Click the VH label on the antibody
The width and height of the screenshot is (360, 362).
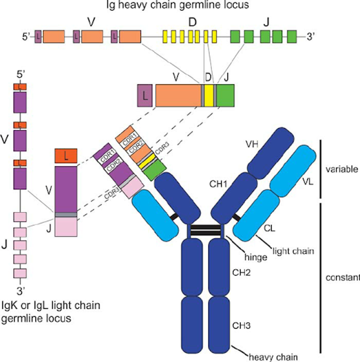click(x=252, y=144)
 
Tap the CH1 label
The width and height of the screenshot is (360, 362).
click(x=218, y=184)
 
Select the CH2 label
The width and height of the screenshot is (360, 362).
click(x=241, y=273)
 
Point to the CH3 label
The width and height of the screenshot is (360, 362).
click(x=241, y=326)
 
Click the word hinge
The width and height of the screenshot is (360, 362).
click(x=256, y=257)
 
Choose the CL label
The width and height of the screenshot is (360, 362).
click(x=270, y=228)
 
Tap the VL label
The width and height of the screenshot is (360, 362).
click(x=308, y=182)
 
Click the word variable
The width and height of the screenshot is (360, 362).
click(x=342, y=169)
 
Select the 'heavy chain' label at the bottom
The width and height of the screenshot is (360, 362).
click(x=273, y=357)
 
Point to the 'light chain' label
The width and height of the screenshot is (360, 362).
click(x=293, y=251)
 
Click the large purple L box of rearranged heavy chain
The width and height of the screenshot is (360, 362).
click(x=145, y=95)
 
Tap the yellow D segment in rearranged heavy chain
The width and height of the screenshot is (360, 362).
click(x=209, y=95)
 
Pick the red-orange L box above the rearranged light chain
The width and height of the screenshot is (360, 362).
click(x=66, y=156)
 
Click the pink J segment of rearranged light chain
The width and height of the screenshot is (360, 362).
click(x=66, y=227)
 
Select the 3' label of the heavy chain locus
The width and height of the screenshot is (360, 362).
click(x=310, y=36)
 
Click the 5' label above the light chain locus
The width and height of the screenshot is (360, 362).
click(x=20, y=74)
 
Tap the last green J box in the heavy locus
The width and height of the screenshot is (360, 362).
click(x=292, y=36)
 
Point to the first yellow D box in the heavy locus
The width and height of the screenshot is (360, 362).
click(x=165, y=36)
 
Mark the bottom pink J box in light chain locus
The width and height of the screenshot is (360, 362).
click(x=20, y=273)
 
